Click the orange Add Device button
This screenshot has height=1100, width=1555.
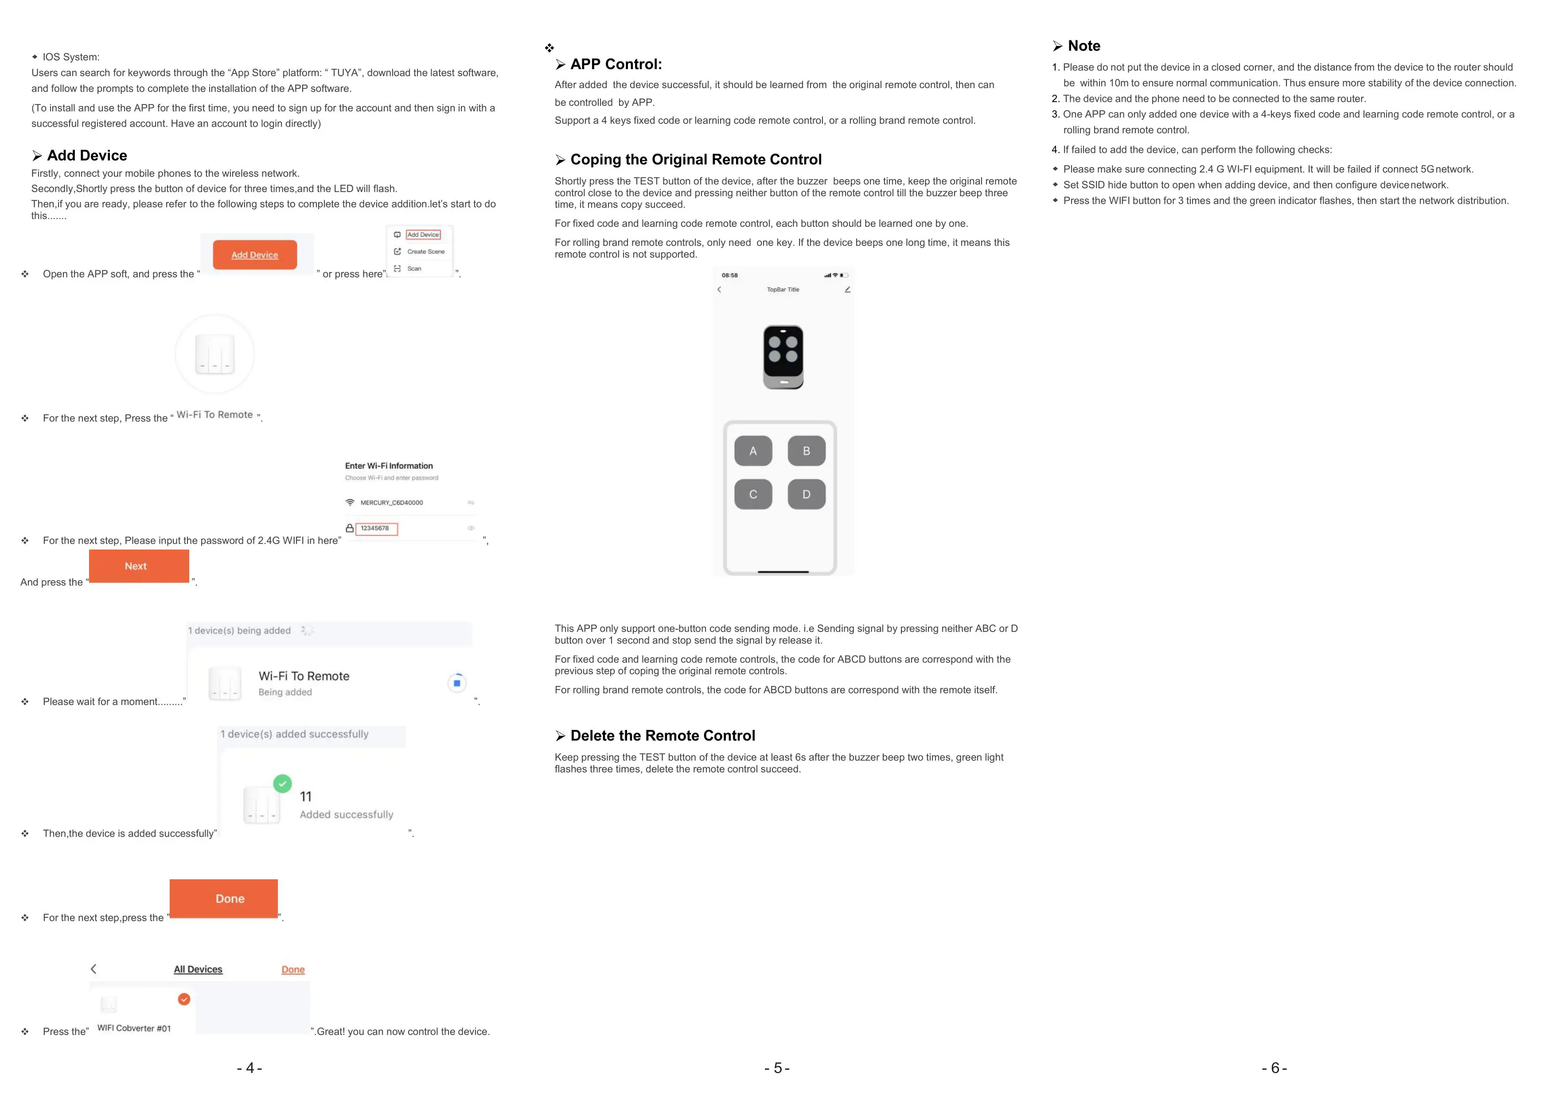click(x=255, y=255)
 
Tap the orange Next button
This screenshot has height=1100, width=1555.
click(x=139, y=566)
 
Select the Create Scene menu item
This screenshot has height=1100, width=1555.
click(x=425, y=251)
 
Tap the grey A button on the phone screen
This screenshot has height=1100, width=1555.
click(x=753, y=451)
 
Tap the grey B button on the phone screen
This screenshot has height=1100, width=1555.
click(x=807, y=451)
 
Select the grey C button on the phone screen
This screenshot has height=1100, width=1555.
click(x=753, y=495)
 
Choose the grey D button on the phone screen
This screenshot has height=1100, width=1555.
click(x=807, y=495)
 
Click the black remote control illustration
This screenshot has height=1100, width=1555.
click(x=783, y=357)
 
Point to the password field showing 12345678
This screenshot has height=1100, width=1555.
click(x=377, y=528)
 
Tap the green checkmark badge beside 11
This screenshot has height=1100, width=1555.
click(x=282, y=784)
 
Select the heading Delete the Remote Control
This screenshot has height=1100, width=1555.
click(x=663, y=736)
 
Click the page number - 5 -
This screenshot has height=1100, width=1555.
click(x=777, y=1068)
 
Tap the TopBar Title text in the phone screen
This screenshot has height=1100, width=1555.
click(x=783, y=289)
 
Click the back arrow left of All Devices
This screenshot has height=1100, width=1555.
click(x=94, y=969)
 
